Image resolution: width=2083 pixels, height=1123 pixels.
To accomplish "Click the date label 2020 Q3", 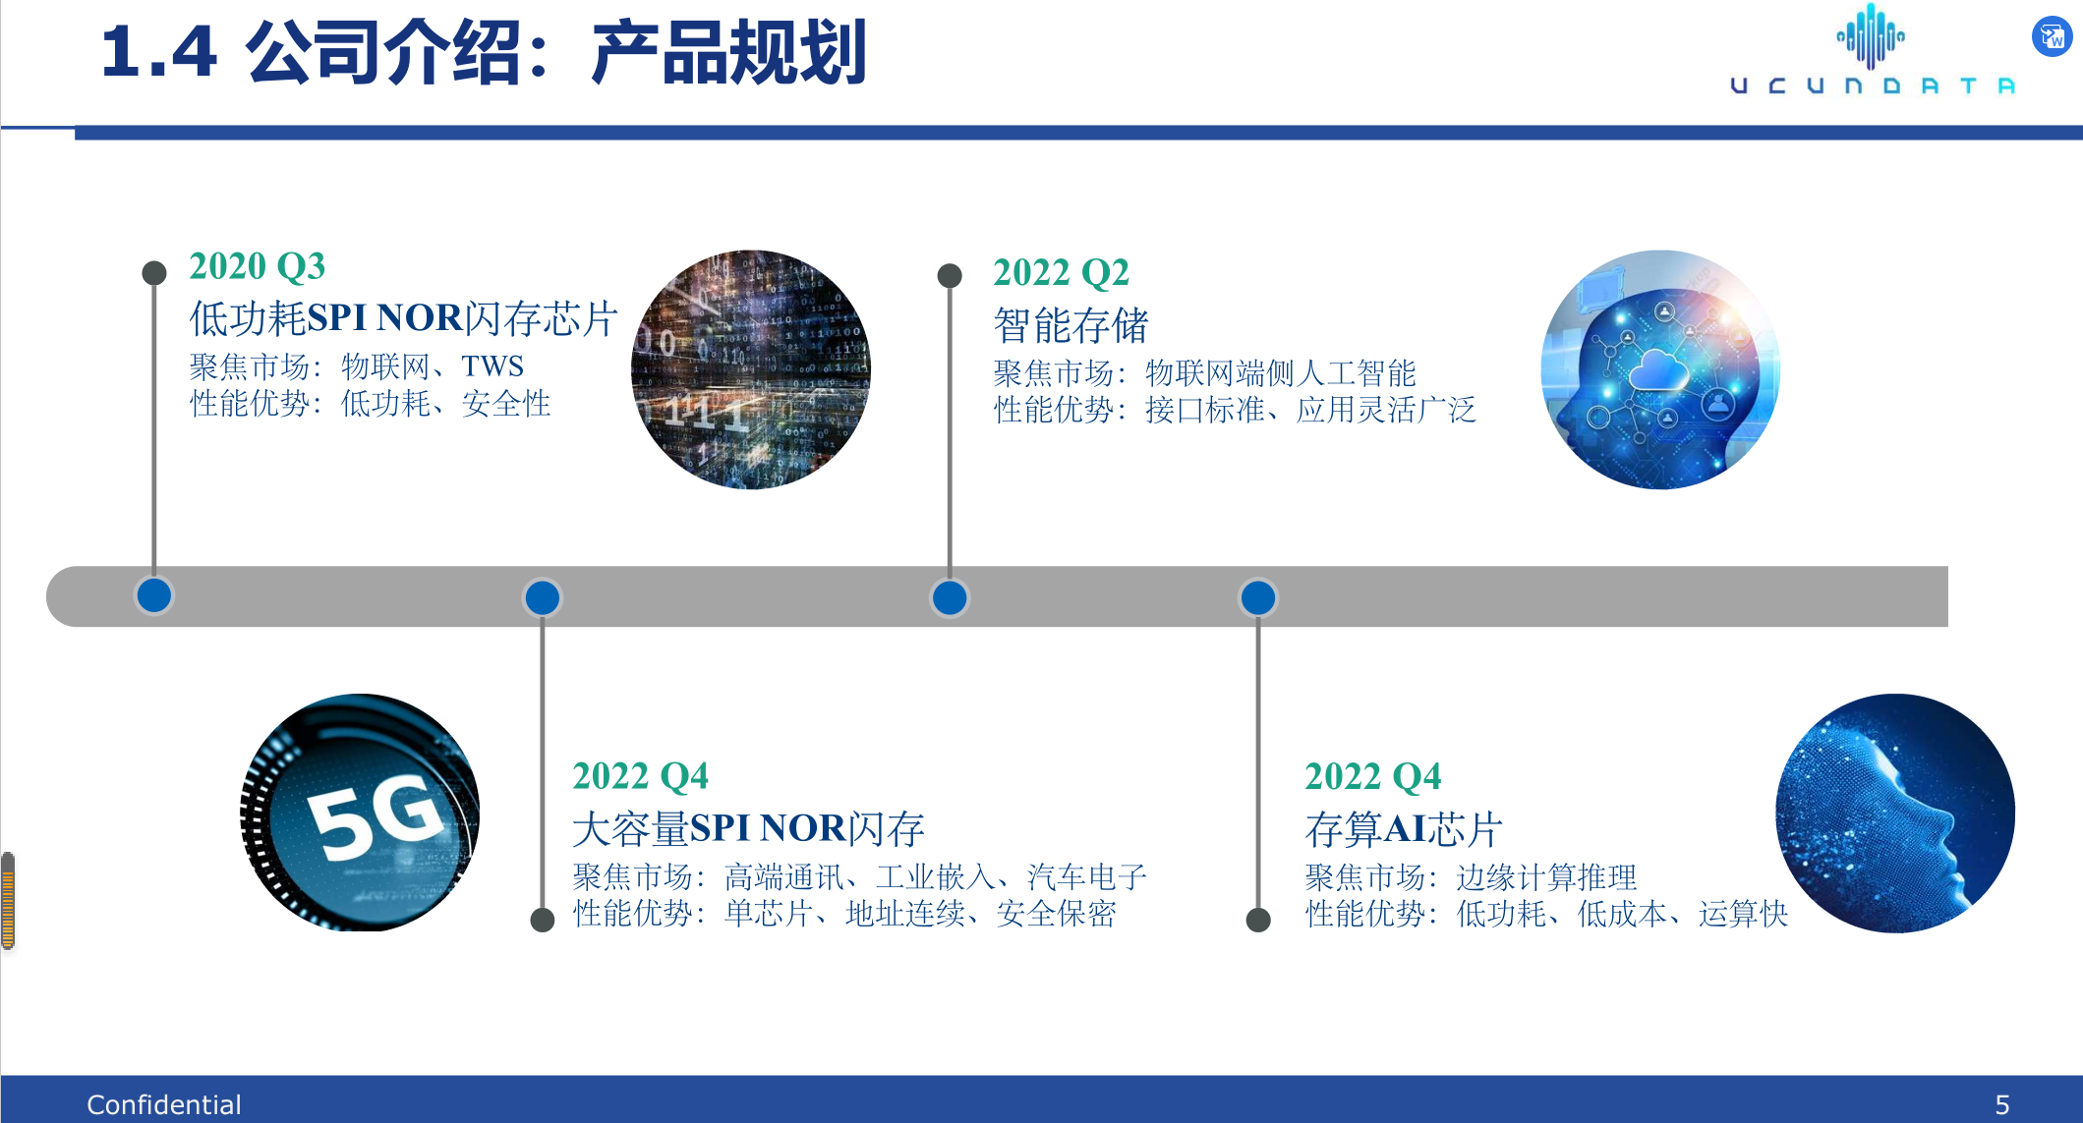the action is tap(257, 266).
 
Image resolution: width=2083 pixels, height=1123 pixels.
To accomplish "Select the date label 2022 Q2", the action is tap(1061, 273).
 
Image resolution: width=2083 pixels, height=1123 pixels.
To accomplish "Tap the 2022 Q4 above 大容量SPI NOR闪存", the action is tap(640, 776).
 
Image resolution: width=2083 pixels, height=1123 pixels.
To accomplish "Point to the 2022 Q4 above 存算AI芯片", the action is tap(1372, 776).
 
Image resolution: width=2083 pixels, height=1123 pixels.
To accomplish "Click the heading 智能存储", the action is tap(1070, 325).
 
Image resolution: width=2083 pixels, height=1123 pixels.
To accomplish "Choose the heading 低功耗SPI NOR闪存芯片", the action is tap(403, 318).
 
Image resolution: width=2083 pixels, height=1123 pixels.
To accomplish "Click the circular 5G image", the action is tap(360, 813).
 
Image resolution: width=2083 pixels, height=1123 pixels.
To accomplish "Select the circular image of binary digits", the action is tap(751, 369).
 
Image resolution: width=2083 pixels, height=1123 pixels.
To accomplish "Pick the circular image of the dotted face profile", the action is tap(1895, 814).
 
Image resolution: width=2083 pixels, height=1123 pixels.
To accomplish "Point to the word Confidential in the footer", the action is tap(163, 1105).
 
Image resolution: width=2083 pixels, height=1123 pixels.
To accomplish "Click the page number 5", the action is tap(2001, 1105).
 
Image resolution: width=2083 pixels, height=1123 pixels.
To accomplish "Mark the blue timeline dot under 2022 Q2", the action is tap(950, 597).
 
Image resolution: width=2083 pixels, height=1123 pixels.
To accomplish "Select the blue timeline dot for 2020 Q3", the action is tap(154, 595).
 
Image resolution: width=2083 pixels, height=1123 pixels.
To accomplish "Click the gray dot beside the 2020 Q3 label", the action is tap(154, 273).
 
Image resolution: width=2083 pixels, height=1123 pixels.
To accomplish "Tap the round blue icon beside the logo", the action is tap(2052, 37).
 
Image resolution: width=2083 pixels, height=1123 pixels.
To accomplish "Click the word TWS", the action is tap(492, 366).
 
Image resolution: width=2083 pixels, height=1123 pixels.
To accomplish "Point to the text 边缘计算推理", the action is tap(1546, 877).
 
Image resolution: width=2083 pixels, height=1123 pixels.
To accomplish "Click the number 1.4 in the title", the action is tap(158, 51).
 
